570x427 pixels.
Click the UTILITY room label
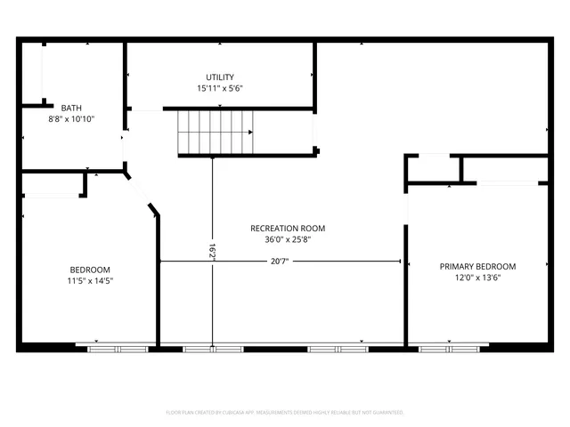(220, 77)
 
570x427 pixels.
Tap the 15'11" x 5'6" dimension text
(220, 89)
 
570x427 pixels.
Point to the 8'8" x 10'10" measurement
(71, 118)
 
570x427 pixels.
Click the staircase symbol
(216, 132)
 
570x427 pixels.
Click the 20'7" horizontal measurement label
(280, 261)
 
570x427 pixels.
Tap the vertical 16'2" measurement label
(212, 253)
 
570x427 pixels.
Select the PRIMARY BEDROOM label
(477, 266)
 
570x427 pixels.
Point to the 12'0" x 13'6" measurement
(477, 278)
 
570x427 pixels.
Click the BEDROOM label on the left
(90, 270)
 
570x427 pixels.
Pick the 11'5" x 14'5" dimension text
(90, 281)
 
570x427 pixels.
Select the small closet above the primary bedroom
(434, 168)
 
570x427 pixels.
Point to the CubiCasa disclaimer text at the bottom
(285, 413)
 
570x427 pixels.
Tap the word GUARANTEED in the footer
(387, 413)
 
